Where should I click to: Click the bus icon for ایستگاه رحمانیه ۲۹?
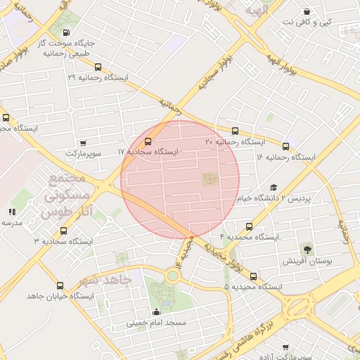tap(97, 68)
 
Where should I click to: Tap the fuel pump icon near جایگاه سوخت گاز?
tap(66, 32)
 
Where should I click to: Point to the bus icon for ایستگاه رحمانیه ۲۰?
tap(235, 131)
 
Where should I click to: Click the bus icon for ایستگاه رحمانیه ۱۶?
tap(285, 146)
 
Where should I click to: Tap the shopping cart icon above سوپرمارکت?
tap(84, 143)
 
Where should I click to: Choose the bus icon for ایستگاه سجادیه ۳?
tap(64, 231)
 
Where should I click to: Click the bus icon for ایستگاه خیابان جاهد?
tap(59, 286)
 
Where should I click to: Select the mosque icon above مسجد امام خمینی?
tap(156, 311)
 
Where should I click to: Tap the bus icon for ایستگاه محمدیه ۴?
tap(249, 226)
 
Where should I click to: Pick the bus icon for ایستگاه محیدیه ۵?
tap(253, 276)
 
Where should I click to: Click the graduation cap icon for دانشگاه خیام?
tap(274, 188)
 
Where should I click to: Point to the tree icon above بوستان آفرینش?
tap(307, 249)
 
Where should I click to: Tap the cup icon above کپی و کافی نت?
tap(307, 12)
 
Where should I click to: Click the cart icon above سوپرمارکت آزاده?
tap(285, 347)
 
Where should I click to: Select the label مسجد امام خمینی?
tap(156, 323)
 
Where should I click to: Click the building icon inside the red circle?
tap(210, 180)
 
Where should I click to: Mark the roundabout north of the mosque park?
tap(172, 276)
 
